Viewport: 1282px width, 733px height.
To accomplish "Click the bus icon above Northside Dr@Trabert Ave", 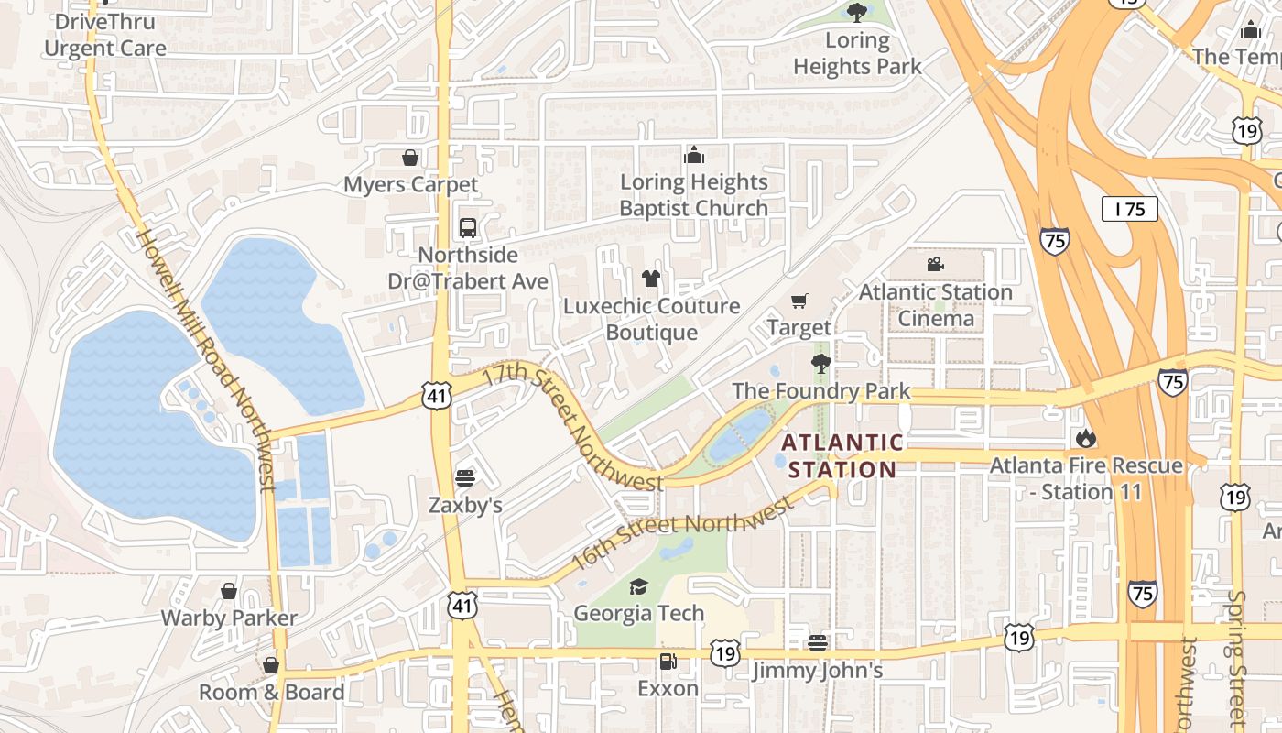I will tap(468, 227).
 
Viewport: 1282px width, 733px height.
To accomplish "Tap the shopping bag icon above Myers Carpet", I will tap(410, 158).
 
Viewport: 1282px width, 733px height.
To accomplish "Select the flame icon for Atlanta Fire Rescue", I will tap(1086, 438).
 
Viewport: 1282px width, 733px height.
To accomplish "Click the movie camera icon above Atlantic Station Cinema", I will tap(935, 265).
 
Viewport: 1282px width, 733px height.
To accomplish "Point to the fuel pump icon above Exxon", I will tap(668, 661).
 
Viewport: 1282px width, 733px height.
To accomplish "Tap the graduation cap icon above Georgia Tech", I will tap(638, 586).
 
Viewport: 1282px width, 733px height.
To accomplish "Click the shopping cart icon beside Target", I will tap(799, 301).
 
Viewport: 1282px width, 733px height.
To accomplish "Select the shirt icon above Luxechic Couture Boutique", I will tap(651, 279).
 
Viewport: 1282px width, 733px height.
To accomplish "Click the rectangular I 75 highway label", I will tap(1129, 209).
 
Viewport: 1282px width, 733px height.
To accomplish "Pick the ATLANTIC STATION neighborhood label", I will tap(842, 456).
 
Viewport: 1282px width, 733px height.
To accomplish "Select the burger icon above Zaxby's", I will tap(465, 477).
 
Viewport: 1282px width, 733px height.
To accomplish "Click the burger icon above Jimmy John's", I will tap(818, 643).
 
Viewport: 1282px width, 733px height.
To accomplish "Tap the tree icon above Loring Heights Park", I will tap(856, 12).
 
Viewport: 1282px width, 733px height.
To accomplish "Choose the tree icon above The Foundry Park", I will tap(821, 364).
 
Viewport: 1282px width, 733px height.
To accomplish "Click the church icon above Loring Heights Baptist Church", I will tap(694, 154).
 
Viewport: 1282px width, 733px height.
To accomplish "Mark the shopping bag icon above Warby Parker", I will tap(229, 591).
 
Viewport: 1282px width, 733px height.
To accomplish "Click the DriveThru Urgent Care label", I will tap(105, 35).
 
